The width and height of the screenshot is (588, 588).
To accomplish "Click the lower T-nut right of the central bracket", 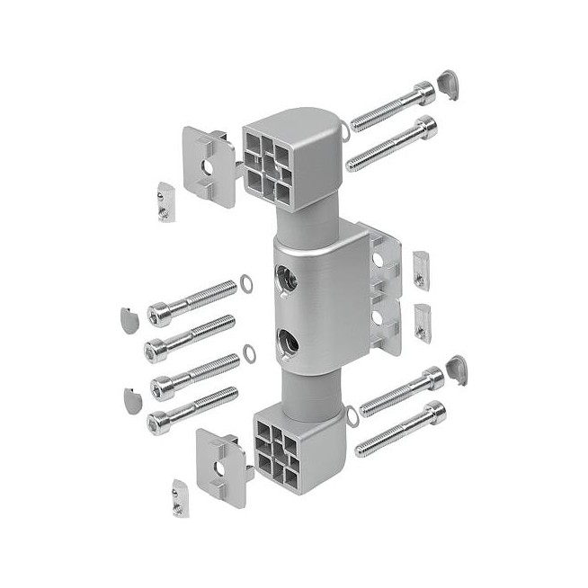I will pos(422,321).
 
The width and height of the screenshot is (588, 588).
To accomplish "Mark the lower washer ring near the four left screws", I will pos(245,356).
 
